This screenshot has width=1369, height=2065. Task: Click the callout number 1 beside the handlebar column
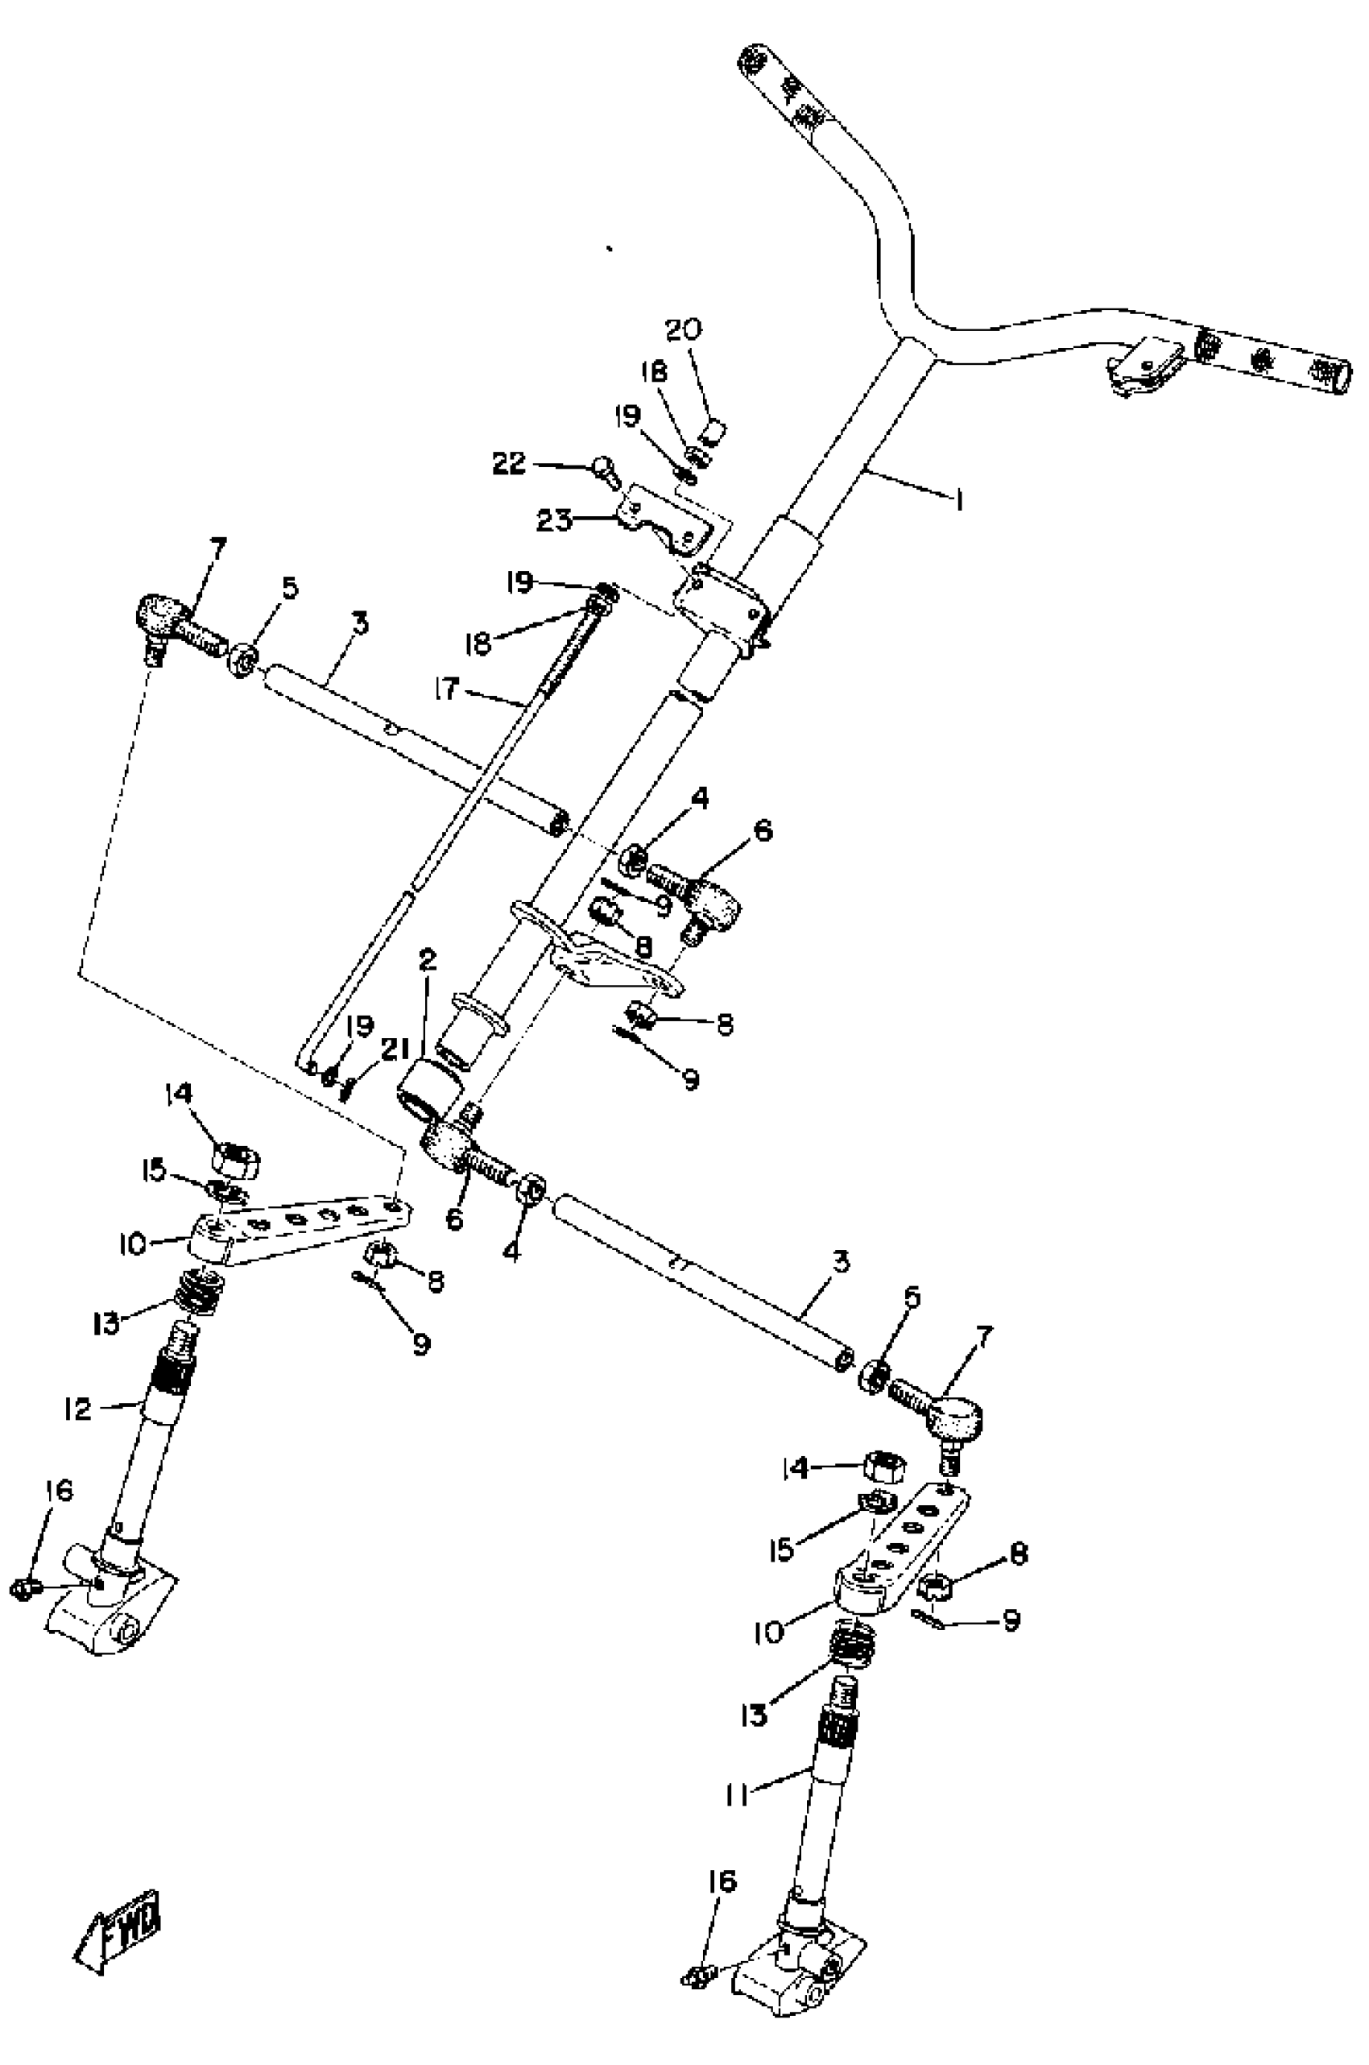(960, 500)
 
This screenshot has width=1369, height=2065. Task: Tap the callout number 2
(427, 962)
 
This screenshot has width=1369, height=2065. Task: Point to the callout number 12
(77, 1409)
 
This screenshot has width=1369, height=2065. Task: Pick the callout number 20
(684, 330)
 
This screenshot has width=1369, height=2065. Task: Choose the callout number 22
(510, 463)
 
